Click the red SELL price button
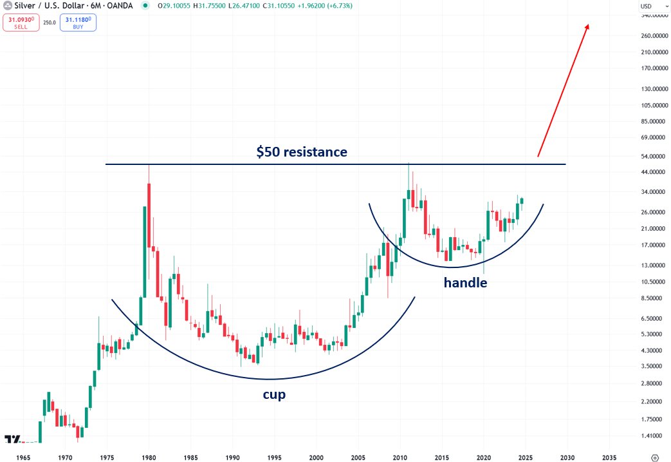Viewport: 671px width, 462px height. pos(21,23)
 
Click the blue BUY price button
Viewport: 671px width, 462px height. pos(78,23)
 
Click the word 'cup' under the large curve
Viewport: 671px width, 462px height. pos(274,394)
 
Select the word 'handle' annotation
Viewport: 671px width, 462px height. pos(465,282)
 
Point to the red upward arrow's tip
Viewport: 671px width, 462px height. pos(588,25)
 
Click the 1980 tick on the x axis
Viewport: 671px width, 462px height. pos(149,457)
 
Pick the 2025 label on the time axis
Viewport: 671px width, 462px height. pos(525,457)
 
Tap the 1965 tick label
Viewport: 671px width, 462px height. pos(23,457)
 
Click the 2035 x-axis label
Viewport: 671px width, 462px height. pos(608,457)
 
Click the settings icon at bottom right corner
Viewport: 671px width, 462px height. pos(655,457)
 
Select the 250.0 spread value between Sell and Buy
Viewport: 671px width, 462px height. pos(50,22)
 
